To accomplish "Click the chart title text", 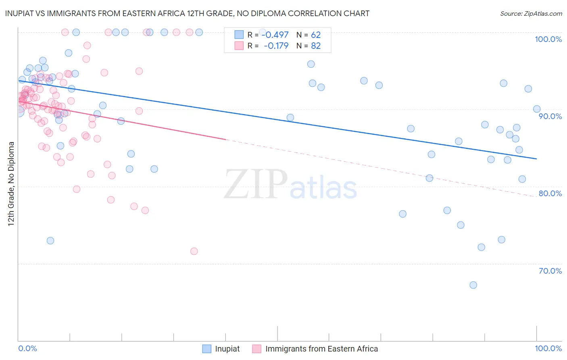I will (187, 14).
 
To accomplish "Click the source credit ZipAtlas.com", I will (531, 14).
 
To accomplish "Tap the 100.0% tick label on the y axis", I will (548, 39).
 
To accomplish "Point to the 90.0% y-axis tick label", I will (550, 116).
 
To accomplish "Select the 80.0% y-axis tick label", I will (550, 193).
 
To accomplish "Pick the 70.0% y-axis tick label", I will (550, 271).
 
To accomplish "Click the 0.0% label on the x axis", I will (28, 348).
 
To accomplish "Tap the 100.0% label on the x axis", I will (548, 348).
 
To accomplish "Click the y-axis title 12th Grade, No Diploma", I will (11, 184).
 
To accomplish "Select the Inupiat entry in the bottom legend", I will (227, 349).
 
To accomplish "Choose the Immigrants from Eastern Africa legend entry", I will (321, 349).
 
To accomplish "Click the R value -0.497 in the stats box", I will (275, 35).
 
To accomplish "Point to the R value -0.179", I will (276, 46).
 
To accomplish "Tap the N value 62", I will (316, 35).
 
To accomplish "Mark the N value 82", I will (316, 46).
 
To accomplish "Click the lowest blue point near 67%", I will (473, 285).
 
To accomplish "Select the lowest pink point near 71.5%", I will (194, 251).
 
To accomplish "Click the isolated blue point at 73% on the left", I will (50, 241).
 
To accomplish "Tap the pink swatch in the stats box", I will (239, 46).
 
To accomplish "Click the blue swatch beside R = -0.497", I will (239, 35).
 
